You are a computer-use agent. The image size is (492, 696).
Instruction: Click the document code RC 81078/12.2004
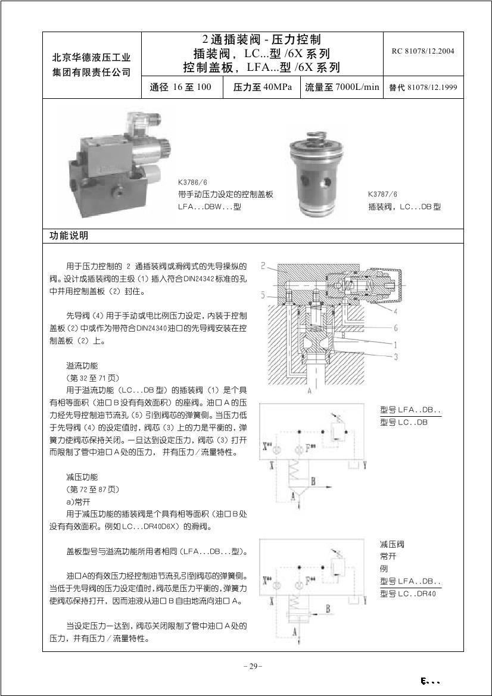[422, 51]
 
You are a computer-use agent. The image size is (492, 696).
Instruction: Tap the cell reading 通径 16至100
[181, 88]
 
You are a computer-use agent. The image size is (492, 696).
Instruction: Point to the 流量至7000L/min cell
[342, 88]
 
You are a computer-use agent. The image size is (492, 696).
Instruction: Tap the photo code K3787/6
[382, 194]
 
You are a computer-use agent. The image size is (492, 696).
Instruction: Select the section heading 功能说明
[68, 236]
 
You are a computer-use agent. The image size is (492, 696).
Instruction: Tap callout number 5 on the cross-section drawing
[263, 294]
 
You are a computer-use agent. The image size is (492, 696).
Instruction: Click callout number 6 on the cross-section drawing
[395, 328]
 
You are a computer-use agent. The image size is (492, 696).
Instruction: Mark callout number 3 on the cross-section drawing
[395, 357]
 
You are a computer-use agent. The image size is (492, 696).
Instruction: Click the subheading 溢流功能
[82, 365]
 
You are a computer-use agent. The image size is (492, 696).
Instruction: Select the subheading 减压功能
[82, 477]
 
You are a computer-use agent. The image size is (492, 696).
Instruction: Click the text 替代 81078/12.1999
[422, 88]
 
